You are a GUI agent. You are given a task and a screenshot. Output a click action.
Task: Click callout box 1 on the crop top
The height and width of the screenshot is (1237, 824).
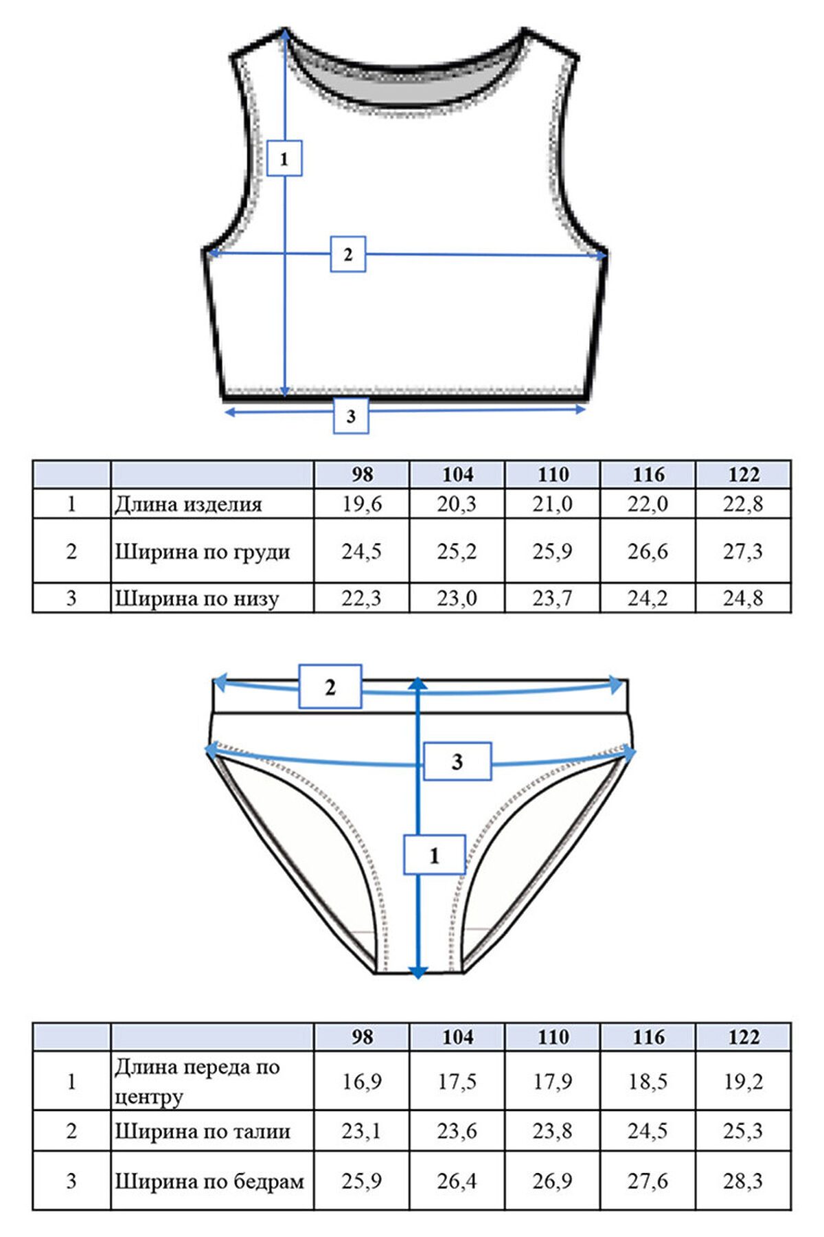[x=284, y=158]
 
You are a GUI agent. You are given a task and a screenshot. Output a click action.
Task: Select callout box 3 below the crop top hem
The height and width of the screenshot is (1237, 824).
[x=351, y=415]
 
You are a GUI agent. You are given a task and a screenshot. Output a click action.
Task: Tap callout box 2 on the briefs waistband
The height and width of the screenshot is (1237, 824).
[x=330, y=686]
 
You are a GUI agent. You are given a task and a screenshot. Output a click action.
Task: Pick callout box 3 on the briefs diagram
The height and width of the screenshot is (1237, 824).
[x=457, y=761]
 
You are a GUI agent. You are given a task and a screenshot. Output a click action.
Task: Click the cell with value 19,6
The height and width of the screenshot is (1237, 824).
[x=362, y=504]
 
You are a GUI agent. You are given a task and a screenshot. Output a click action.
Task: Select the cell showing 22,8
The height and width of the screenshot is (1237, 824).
[x=743, y=504]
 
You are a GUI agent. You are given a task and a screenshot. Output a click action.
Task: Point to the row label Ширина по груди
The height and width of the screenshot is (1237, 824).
[x=202, y=551]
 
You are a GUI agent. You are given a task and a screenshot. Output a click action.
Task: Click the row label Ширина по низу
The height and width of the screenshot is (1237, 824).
[x=196, y=598]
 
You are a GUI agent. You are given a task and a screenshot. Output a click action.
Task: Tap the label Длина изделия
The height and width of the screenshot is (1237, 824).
[x=188, y=504]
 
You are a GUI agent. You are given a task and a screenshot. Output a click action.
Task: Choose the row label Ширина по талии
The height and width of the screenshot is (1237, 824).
[x=202, y=1130]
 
